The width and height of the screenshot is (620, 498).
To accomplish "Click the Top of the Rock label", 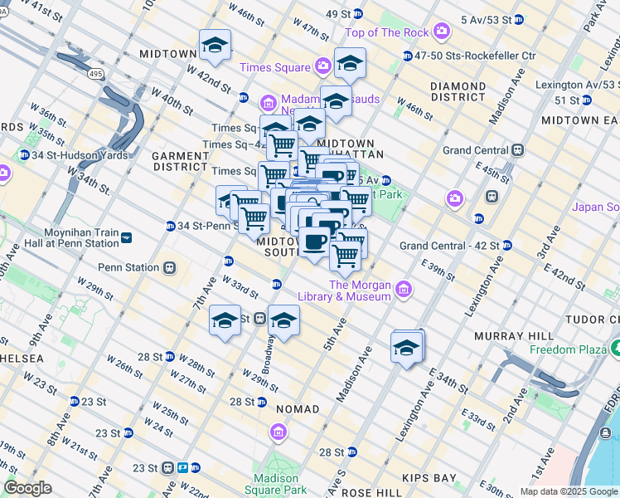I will (x=388, y=32).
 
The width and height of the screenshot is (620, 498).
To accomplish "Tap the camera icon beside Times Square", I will (x=323, y=67).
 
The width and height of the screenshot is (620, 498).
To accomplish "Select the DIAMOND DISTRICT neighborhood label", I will (x=458, y=91).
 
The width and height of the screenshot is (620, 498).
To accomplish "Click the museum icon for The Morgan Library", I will (x=404, y=289).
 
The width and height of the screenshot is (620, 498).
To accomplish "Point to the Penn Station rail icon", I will (x=170, y=267).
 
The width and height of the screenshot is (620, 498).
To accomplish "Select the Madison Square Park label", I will (x=276, y=484).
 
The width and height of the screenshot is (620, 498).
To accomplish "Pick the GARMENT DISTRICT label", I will (x=179, y=161).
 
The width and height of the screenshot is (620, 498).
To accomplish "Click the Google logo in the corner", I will (x=27, y=489).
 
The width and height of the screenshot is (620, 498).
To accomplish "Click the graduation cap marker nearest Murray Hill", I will (x=407, y=348).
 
